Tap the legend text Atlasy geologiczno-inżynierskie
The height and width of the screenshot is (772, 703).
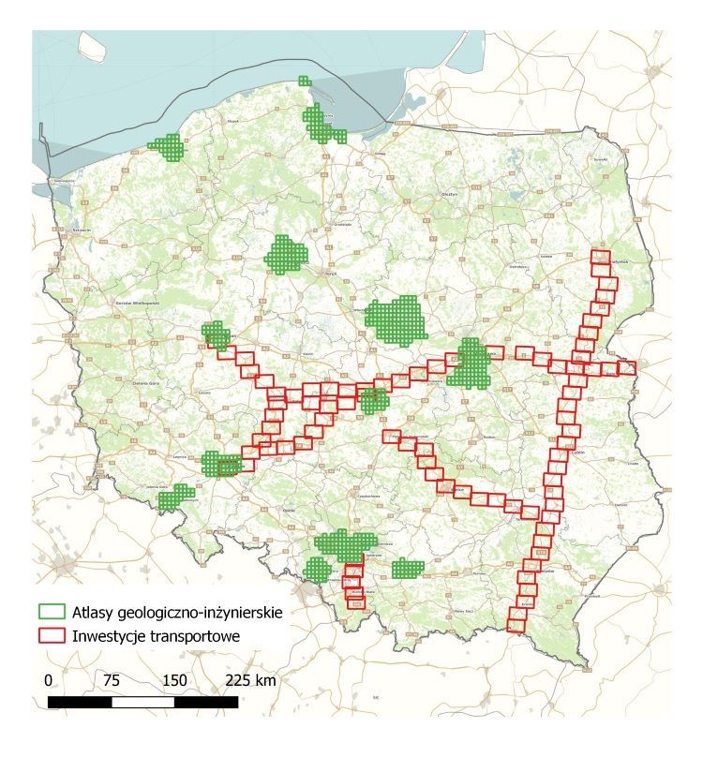tap(176, 612)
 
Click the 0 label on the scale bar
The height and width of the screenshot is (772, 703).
tap(49, 680)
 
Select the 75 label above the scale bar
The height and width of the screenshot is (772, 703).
tap(112, 680)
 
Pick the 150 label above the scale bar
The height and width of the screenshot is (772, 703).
tap(174, 680)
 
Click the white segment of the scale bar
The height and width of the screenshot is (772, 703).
tap(142, 702)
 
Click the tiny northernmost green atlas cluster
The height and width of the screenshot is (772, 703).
tap(303, 82)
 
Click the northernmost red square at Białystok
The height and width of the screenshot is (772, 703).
tap(598, 257)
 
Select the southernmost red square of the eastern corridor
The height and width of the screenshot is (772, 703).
tap(516, 620)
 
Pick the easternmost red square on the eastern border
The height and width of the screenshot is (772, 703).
tap(626, 368)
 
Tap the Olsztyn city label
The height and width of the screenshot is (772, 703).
tap(448, 192)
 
